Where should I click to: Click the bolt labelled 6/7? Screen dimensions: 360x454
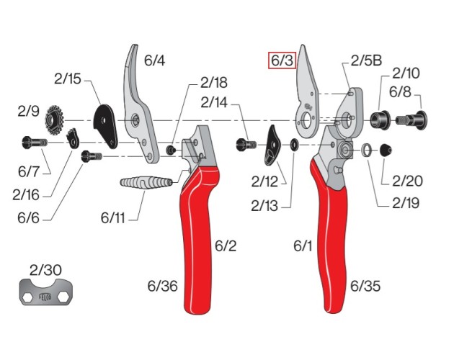tap(32, 143)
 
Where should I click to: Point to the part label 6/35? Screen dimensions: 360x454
tap(365, 286)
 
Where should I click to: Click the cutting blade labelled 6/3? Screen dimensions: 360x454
tap(308, 94)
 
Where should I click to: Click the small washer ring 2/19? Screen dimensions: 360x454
tap(367, 150)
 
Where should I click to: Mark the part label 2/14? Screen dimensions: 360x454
tap(215, 103)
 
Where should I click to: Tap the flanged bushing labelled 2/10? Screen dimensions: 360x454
tap(380, 118)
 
